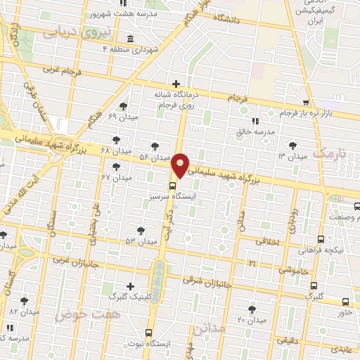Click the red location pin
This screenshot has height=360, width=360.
tap(181, 165)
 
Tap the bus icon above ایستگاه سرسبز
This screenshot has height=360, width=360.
tap(173, 186)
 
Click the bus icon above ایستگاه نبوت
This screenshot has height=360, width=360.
tap(148, 332)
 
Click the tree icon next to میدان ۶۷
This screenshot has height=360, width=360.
tap(116, 167)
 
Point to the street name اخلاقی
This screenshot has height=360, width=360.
tap(266, 240)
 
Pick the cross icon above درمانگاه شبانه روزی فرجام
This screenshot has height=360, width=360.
tap(176, 84)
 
